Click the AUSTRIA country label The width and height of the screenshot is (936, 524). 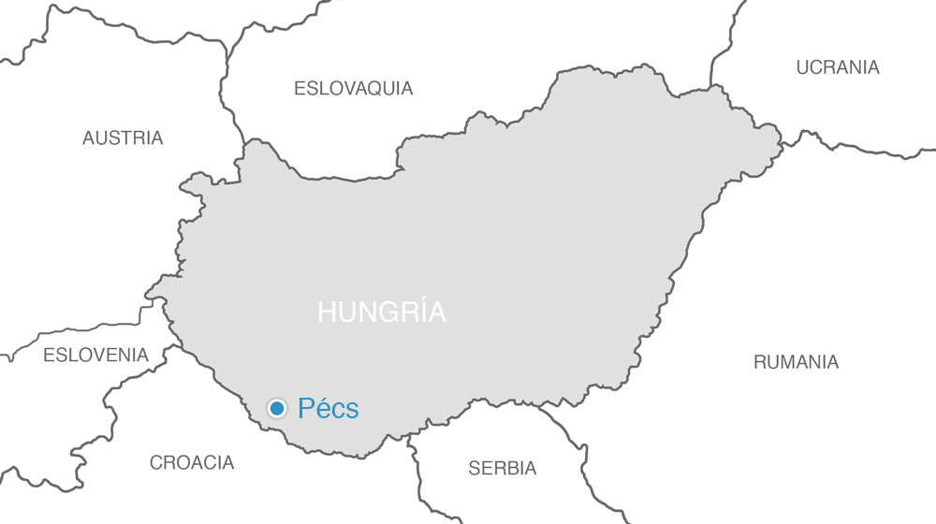tap(122, 138)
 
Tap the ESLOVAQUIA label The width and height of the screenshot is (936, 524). tap(353, 89)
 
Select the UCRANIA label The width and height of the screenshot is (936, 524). tap(837, 67)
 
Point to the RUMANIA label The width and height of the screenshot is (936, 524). tap(796, 362)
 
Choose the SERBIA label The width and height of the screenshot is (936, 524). tap(503, 468)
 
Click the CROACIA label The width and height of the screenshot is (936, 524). tap(192, 462)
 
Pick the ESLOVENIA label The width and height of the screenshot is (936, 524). tap(95, 356)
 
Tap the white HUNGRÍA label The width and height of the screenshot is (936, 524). tap(382, 313)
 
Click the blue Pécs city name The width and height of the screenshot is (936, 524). tap(328, 408)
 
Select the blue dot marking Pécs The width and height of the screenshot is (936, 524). tap(277, 408)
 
